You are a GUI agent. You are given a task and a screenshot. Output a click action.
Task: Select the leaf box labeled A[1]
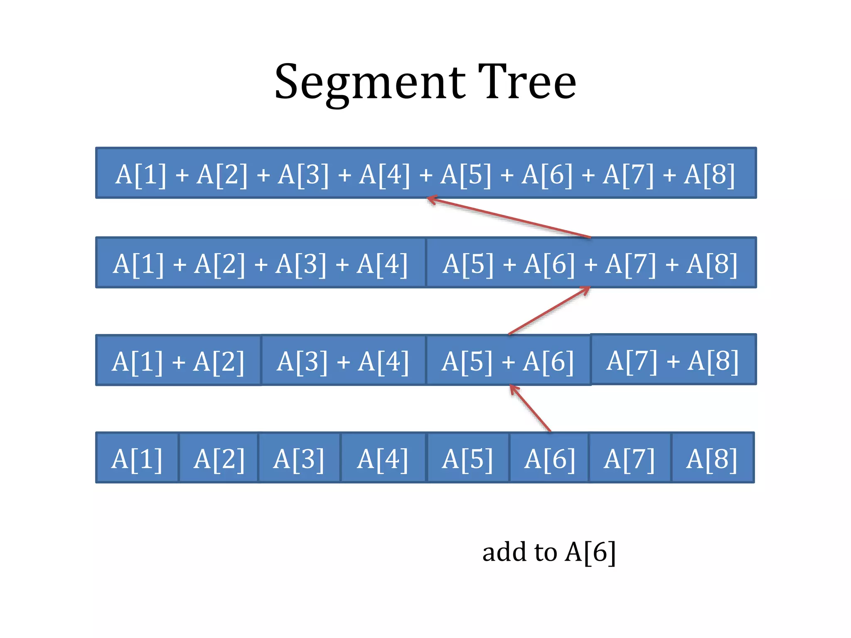[x=137, y=458]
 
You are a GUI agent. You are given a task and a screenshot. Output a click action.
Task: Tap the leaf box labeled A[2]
[x=219, y=458]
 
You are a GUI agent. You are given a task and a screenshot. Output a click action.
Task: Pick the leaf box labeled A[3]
[x=299, y=458]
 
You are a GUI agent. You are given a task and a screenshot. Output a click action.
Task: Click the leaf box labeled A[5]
[x=467, y=458]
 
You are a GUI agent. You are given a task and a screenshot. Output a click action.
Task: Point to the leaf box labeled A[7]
[x=630, y=458]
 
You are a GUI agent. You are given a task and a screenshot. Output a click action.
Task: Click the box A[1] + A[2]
[x=178, y=361]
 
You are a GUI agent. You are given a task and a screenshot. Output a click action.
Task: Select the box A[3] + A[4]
[x=343, y=361]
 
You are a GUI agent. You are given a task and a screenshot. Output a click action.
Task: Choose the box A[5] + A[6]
[x=508, y=361]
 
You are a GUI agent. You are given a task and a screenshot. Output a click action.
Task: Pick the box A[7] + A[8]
[x=673, y=360]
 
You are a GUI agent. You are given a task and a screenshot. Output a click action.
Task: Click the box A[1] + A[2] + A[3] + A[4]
[x=261, y=263]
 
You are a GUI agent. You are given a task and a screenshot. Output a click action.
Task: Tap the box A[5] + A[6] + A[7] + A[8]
[x=590, y=263]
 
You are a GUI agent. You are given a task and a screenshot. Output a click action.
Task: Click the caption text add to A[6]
[x=548, y=552]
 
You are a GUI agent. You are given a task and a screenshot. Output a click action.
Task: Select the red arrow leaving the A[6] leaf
[x=531, y=408]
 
